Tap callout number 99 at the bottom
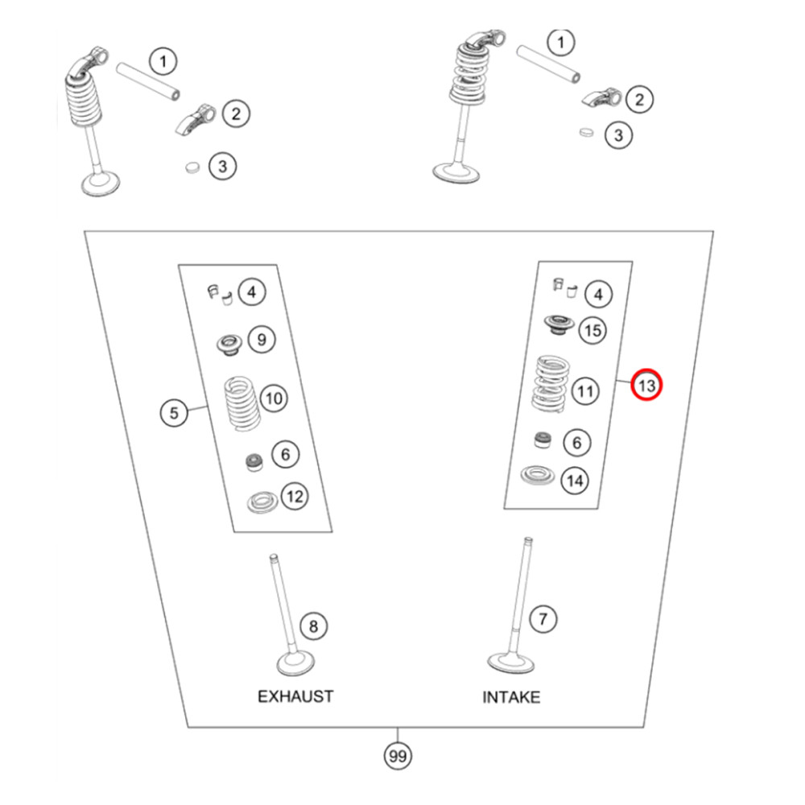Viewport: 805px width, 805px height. coord(398,757)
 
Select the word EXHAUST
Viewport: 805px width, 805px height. coord(295,696)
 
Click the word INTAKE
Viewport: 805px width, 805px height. coord(511,697)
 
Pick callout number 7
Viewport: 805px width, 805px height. coord(543,619)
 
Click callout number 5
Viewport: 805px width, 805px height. coord(174,413)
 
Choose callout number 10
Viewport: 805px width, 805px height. coord(274,398)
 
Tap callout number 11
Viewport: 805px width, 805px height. coord(586,392)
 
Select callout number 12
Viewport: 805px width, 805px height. coord(295,497)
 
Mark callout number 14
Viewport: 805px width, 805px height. coord(574,481)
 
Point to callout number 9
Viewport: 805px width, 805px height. coord(261,339)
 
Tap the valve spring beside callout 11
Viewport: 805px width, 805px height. coord(554,383)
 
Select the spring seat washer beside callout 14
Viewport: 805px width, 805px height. coord(537,475)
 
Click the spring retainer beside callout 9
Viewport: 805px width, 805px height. coord(228,345)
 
